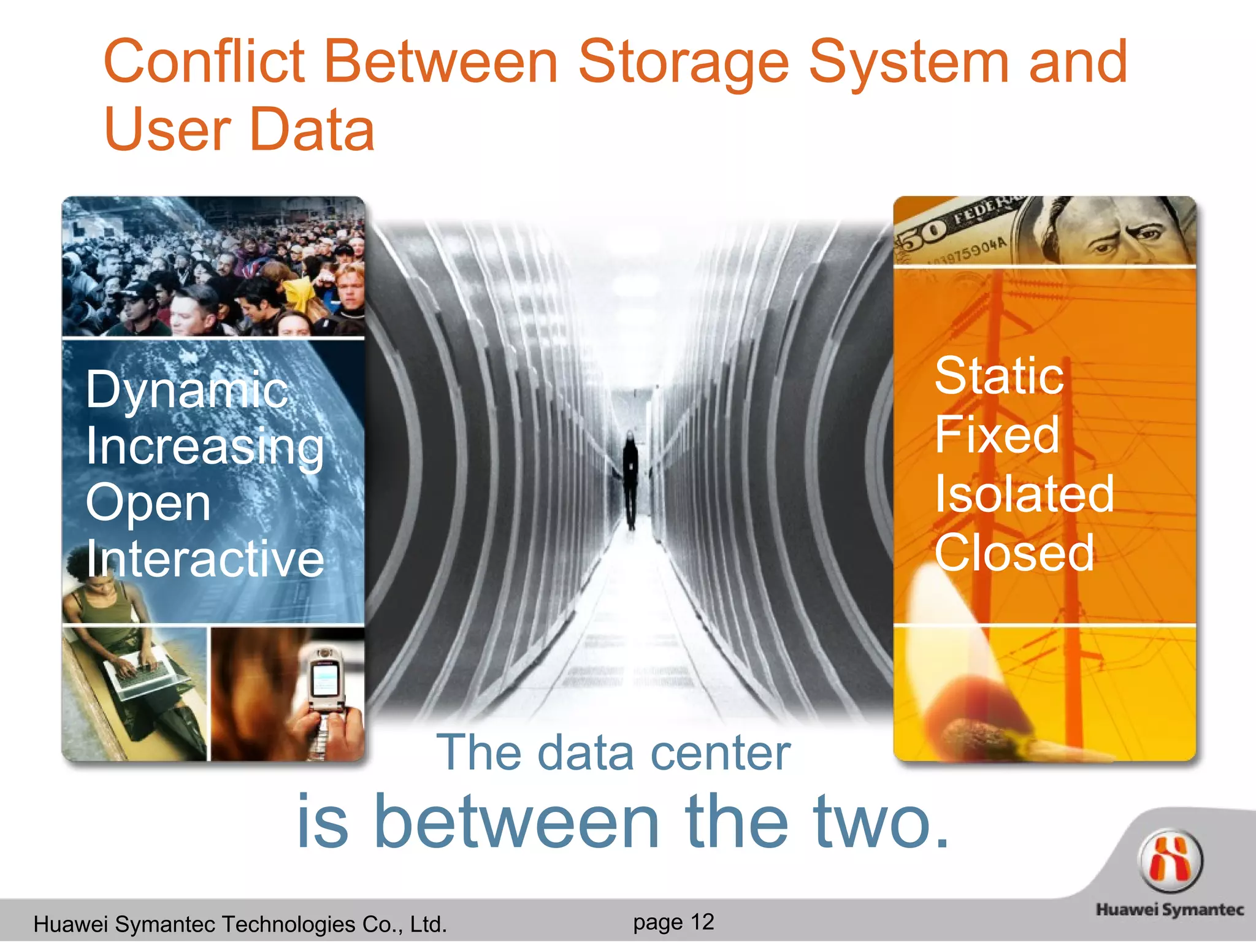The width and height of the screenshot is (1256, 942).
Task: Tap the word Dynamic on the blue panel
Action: (186, 390)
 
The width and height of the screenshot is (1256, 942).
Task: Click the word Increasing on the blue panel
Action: (205, 446)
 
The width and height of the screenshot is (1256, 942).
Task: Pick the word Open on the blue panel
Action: (148, 503)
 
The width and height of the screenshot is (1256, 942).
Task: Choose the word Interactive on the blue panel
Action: (205, 559)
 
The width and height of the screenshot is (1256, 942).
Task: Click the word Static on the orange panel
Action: (998, 376)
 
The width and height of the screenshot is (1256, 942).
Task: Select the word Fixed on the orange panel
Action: (997, 435)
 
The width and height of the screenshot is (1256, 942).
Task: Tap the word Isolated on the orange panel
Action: (1024, 494)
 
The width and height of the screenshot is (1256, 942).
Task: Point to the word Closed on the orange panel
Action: (1014, 553)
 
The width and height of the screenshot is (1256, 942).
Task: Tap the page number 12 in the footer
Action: (702, 922)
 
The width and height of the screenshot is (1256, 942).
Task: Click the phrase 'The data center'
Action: (613, 753)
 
